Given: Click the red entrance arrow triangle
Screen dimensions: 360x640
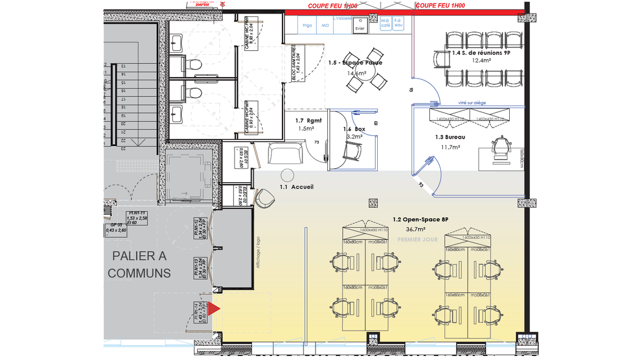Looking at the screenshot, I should (x=214, y=308).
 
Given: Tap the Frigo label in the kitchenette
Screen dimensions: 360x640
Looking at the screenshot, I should (x=308, y=25).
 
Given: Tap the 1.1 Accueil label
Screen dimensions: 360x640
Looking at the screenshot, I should (x=296, y=187).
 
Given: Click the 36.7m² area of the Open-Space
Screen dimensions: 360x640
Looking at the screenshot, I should (x=416, y=229).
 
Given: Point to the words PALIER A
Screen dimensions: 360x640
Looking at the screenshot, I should (x=139, y=256).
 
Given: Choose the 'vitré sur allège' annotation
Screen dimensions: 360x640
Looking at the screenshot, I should (x=472, y=102).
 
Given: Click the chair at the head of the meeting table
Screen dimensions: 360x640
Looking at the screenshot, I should (x=440, y=58).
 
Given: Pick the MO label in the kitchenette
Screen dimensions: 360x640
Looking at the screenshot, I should (x=325, y=25).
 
